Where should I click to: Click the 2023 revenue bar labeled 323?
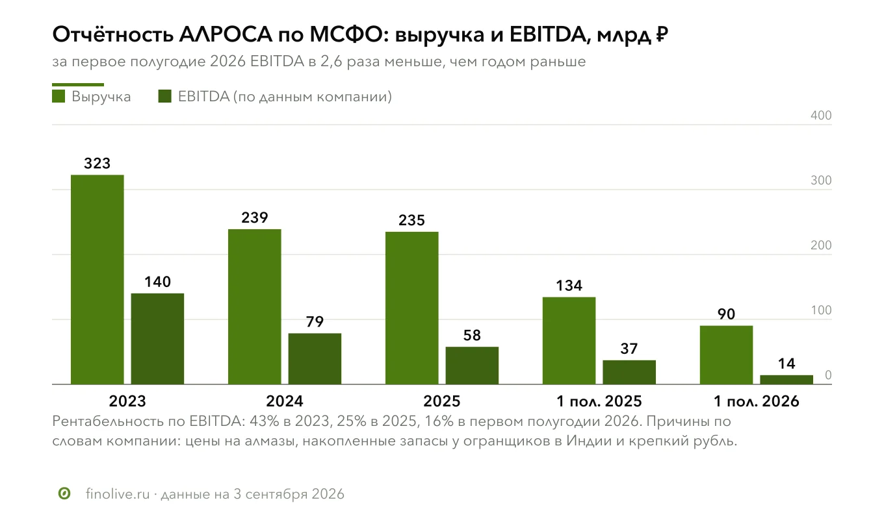click(97, 280)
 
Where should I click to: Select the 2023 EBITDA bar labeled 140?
click(157, 339)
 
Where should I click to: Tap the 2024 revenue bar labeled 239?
click(255, 306)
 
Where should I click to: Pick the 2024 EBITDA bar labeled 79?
click(315, 359)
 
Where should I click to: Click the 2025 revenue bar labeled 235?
click(412, 308)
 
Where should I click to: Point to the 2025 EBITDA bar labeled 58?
click(472, 366)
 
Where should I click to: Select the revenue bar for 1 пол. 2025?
click(569, 341)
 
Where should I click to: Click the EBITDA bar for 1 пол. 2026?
click(786, 380)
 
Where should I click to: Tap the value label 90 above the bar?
click(726, 314)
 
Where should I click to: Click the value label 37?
click(629, 349)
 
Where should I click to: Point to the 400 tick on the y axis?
click(821, 115)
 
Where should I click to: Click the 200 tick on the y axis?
click(821, 245)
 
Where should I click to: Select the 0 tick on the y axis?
click(828, 375)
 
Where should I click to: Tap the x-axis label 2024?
click(285, 401)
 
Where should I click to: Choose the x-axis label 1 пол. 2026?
click(757, 401)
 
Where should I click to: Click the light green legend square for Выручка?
click(58, 96)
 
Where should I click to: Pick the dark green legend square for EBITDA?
click(165, 96)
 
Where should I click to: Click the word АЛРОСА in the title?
click(226, 34)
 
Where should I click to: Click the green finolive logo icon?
click(64, 493)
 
